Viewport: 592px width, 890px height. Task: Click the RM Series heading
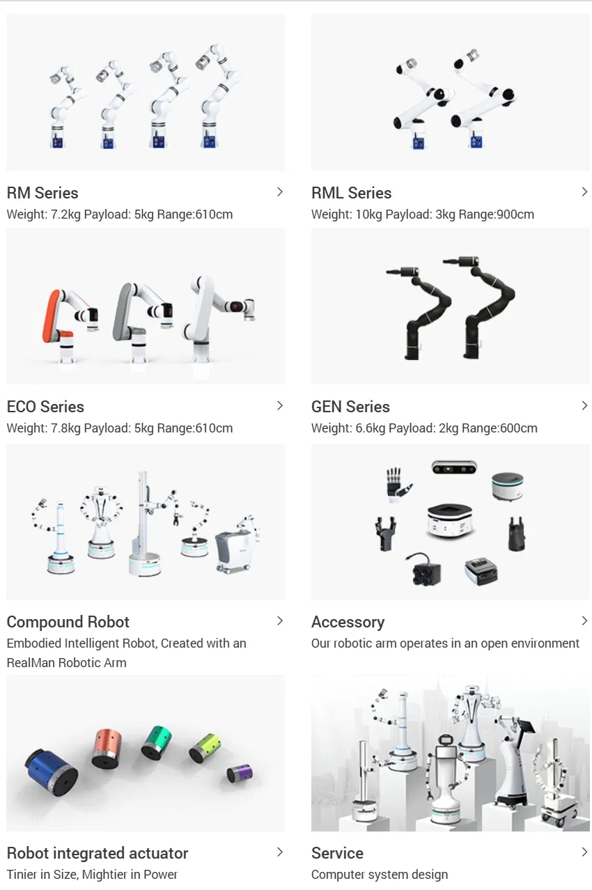click(x=42, y=193)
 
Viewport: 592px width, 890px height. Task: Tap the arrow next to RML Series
click(x=584, y=192)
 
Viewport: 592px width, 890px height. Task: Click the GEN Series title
click(x=350, y=407)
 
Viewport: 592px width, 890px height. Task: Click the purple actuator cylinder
click(x=240, y=772)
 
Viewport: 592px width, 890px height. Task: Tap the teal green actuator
click(x=156, y=742)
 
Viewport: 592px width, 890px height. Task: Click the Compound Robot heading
click(x=68, y=622)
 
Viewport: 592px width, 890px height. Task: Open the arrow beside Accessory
click(x=584, y=620)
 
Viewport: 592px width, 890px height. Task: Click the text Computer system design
click(x=380, y=875)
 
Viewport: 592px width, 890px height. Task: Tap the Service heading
click(x=337, y=853)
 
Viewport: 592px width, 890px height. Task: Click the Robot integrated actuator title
click(x=98, y=853)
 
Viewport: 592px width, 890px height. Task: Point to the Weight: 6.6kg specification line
click(x=424, y=428)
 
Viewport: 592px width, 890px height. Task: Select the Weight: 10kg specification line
click(x=422, y=214)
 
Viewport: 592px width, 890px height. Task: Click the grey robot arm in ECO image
click(x=132, y=313)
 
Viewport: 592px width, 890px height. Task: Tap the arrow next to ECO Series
click(x=280, y=406)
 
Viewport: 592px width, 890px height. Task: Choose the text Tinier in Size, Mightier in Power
click(x=92, y=875)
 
